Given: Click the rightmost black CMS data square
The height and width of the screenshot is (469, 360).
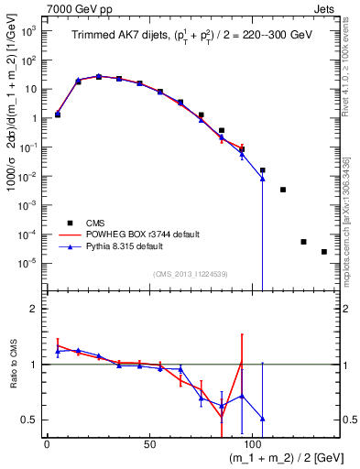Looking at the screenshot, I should tap(323, 252).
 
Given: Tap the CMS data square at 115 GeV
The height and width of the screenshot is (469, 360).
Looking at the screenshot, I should tap(283, 190).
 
